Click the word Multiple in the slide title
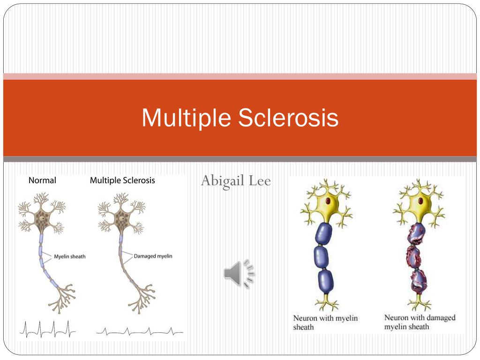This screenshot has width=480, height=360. point(187,118)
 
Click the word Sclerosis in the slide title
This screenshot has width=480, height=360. point(288,118)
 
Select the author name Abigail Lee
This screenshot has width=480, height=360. point(236,180)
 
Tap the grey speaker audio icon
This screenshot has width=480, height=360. point(239,274)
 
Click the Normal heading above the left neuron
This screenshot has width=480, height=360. point(42,180)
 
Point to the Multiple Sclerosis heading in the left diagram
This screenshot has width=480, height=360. point(122,180)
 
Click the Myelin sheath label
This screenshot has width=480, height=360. point(69,256)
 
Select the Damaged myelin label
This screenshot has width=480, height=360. point(153,256)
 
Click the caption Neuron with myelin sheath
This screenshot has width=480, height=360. point(325,322)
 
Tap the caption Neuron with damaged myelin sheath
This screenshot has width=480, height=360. point(420,322)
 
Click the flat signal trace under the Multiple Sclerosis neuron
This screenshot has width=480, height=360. point(139,331)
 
